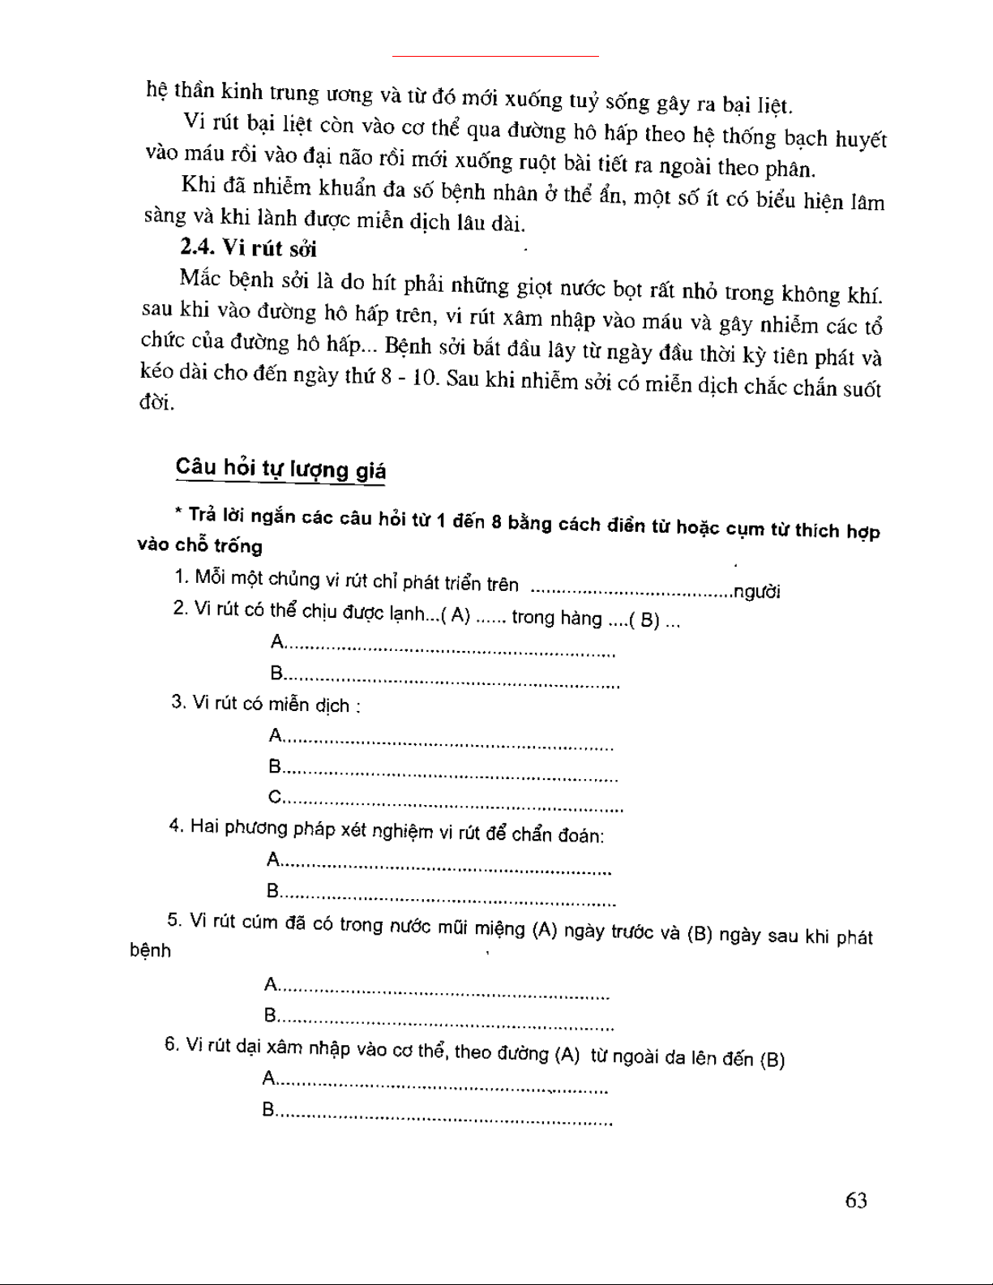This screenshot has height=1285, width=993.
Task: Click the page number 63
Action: pos(855,1200)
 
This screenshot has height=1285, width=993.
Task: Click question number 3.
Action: pos(178,702)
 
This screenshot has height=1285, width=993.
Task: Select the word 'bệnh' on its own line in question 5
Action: pos(151,951)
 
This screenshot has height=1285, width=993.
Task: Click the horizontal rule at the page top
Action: pos(495,56)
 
